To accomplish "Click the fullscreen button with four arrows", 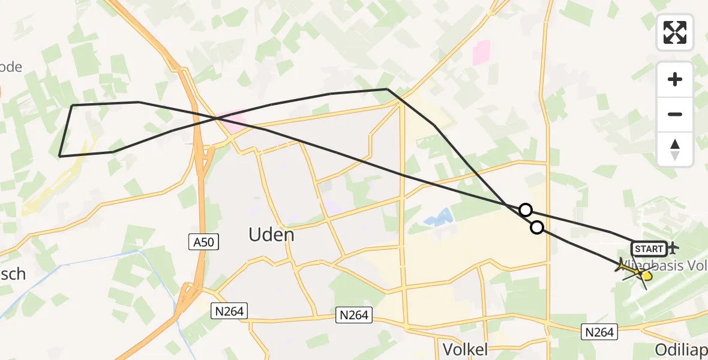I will coord(675,32).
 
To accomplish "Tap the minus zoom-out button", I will coord(675,114).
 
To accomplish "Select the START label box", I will coord(649,248).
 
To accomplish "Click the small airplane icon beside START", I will coord(673,247).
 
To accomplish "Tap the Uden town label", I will coord(272,235).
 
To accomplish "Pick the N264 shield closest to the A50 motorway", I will coord(229,310).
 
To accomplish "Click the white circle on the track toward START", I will coord(525,209).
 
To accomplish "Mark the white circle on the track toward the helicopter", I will coord(537,227).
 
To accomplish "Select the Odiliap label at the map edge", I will coord(681,350).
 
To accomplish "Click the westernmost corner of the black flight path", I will coord(59,156).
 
